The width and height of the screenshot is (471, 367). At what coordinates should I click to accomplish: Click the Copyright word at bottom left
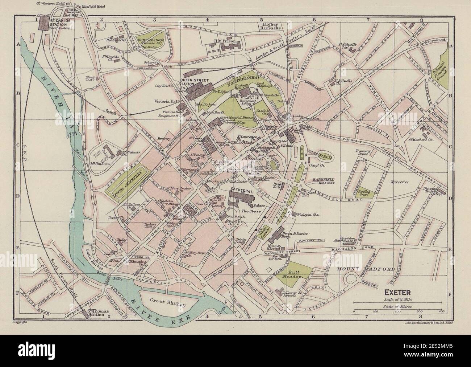coord(21,322)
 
